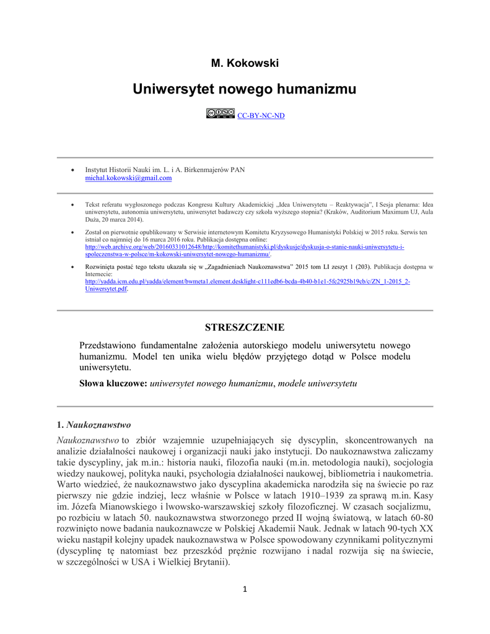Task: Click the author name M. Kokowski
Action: click(x=245, y=63)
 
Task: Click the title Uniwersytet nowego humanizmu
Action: click(x=245, y=89)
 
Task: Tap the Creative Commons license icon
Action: click(x=221, y=113)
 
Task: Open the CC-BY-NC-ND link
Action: click(x=261, y=115)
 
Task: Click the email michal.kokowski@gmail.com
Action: click(x=128, y=178)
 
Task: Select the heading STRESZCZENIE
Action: click(x=245, y=327)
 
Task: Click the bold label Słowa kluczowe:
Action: click(x=113, y=384)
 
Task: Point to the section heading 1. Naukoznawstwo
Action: click(x=94, y=425)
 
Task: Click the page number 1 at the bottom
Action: click(x=245, y=588)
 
